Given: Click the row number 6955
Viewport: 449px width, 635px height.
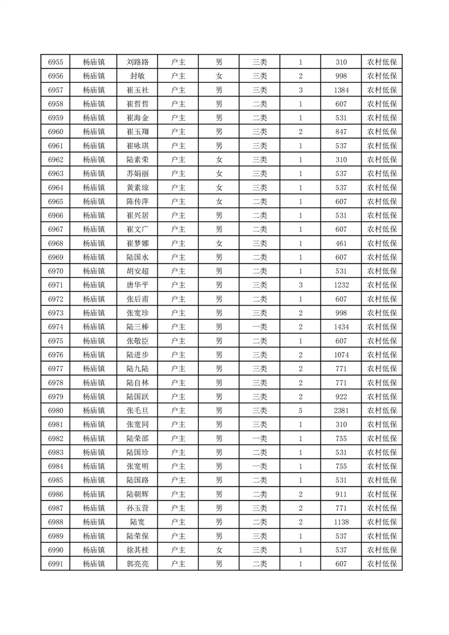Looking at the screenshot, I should [55, 62].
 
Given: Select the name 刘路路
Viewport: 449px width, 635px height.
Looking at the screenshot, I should [138, 62].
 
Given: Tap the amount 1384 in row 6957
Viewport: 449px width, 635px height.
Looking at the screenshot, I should [341, 90].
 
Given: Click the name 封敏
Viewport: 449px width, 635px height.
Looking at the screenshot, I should [138, 76].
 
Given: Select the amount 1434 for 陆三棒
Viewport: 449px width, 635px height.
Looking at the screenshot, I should [341, 327].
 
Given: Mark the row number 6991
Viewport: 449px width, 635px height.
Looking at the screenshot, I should [55, 564].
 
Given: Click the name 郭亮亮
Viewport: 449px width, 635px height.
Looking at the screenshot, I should [138, 564].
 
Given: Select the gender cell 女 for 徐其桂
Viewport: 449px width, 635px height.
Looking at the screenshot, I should [219, 550].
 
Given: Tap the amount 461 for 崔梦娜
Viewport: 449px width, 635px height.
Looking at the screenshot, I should [341, 243].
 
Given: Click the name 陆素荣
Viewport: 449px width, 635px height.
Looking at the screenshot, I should [138, 160].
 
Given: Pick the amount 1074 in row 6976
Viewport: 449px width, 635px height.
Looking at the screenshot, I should [341, 355].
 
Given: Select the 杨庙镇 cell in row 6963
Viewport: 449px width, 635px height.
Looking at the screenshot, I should [93, 174].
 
